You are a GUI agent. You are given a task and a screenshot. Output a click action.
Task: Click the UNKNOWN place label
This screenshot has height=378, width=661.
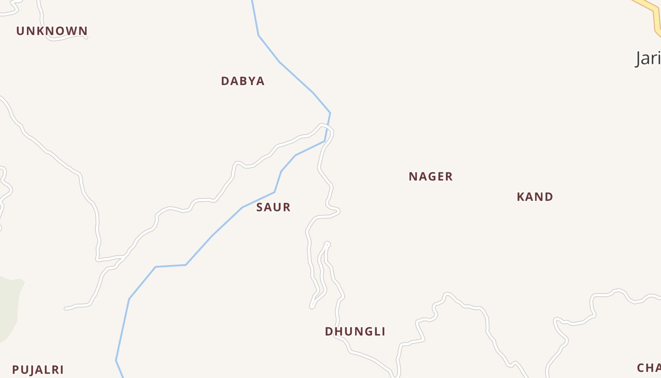(x=52, y=31)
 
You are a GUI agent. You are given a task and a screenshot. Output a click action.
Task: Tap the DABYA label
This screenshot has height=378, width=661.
(x=243, y=81)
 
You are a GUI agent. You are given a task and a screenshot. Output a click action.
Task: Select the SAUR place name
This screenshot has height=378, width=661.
(x=273, y=207)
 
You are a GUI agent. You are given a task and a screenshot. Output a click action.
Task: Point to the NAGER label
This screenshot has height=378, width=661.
(x=431, y=177)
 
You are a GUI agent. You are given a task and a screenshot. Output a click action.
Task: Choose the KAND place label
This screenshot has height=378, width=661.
(x=535, y=197)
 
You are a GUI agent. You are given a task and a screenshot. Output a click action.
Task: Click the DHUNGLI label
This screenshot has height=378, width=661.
(x=355, y=332)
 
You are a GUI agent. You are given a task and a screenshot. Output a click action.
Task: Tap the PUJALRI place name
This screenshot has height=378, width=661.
(x=38, y=370)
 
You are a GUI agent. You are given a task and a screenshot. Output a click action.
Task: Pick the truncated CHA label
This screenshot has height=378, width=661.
(x=649, y=368)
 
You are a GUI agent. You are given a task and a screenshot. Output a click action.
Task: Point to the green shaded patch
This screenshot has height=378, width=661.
(x=9, y=307)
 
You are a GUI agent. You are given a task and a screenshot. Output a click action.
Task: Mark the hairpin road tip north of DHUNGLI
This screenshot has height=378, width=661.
(x=327, y=244)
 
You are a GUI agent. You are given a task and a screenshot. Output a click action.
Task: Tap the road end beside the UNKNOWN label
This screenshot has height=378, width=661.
(x=86, y=37)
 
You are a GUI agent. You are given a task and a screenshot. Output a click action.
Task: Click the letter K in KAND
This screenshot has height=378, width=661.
(x=520, y=197)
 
